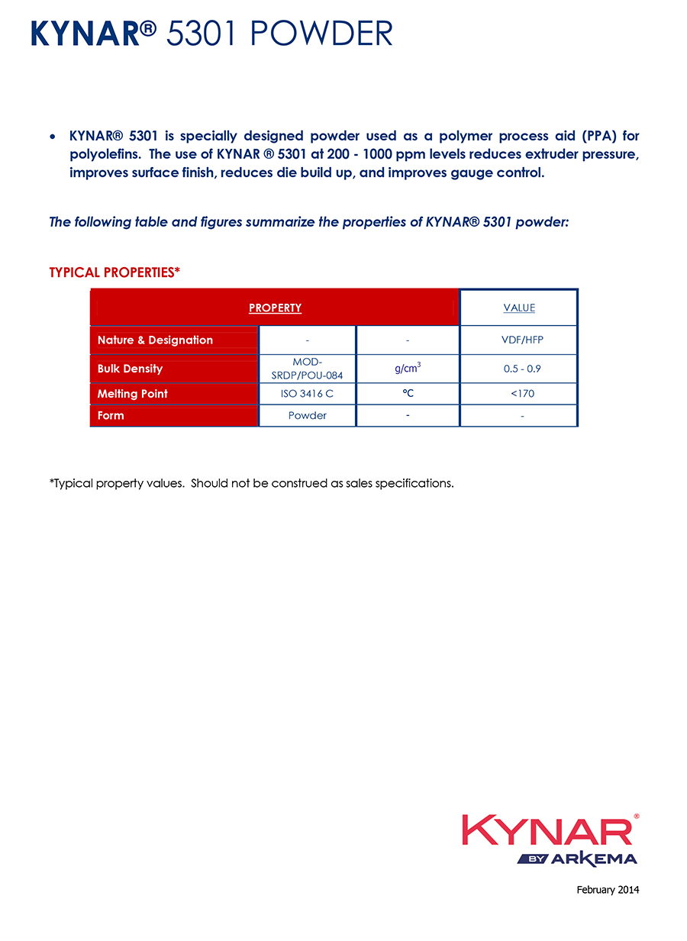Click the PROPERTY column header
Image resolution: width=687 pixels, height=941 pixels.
[275, 308]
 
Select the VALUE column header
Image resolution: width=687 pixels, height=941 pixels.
[519, 308]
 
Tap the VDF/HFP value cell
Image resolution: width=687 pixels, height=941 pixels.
[519, 340]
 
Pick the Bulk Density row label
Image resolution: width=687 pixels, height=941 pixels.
[130, 369]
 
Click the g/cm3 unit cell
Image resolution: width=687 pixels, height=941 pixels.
[408, 369]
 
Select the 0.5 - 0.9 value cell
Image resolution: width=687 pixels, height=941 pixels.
[519, 369]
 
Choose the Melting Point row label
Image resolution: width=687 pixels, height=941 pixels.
[132, 394]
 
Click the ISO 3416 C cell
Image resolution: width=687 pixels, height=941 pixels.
[307, 394]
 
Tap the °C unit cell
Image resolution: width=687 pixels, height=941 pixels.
[408, 394]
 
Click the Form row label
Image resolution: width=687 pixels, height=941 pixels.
[111, 415]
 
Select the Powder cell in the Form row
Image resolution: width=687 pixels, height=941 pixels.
[307, 415]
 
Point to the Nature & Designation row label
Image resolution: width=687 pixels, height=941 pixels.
[155, 340]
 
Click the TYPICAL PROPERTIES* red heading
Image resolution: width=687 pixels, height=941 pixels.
[114, 272]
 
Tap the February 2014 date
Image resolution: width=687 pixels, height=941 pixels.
[608, 890]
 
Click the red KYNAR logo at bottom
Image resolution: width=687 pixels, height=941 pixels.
[547, 830]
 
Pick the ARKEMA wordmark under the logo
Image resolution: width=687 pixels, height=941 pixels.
[594, 859]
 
